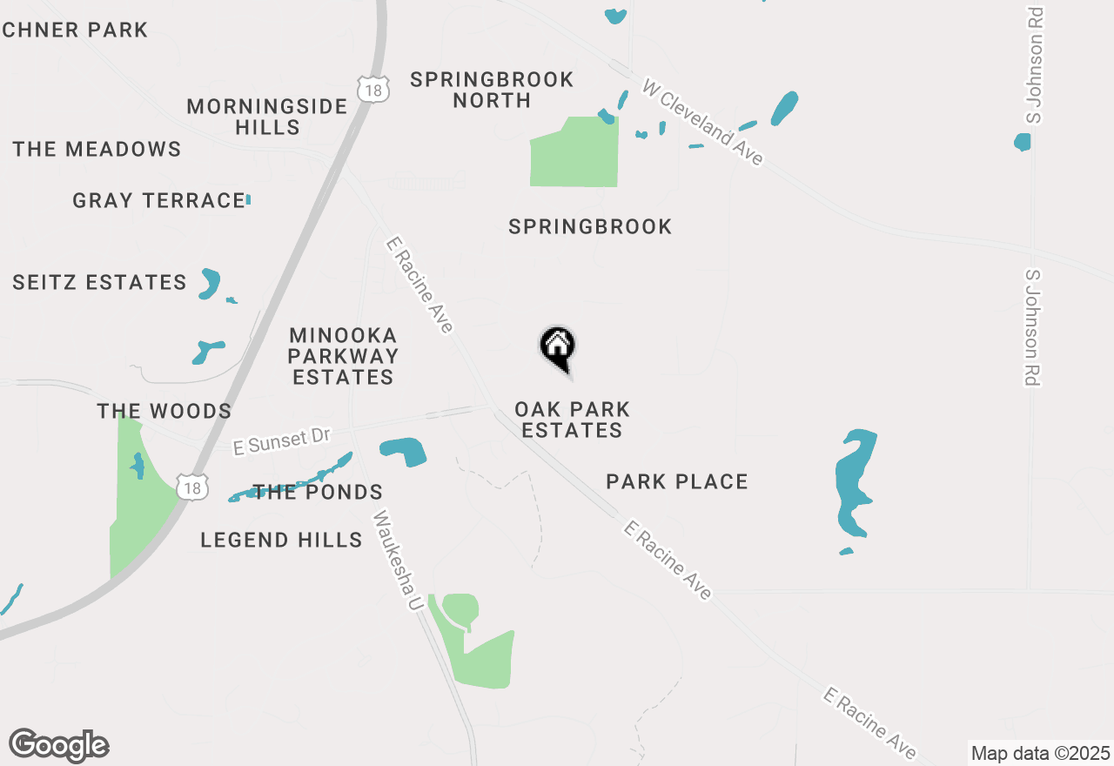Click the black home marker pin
pos(558,346)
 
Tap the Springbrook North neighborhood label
pos(492,90)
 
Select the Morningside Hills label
pos(267,117)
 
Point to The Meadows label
pos(97,149)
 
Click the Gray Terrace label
pos(158,201)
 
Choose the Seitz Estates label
pos(99,283)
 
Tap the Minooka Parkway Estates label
pos(343,356)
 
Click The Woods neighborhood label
pos(164,411)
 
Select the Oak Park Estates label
pos(572,420)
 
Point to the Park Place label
pos(677,481)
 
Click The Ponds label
pos(319,493)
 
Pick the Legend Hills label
pos(281,540)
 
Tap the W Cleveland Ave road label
pos(703,122)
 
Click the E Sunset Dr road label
pos(283,442)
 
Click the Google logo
pos(59,746)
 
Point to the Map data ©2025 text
pos(1040,753)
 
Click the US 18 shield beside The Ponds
pos(191,487)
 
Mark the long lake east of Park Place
pos(853,483)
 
